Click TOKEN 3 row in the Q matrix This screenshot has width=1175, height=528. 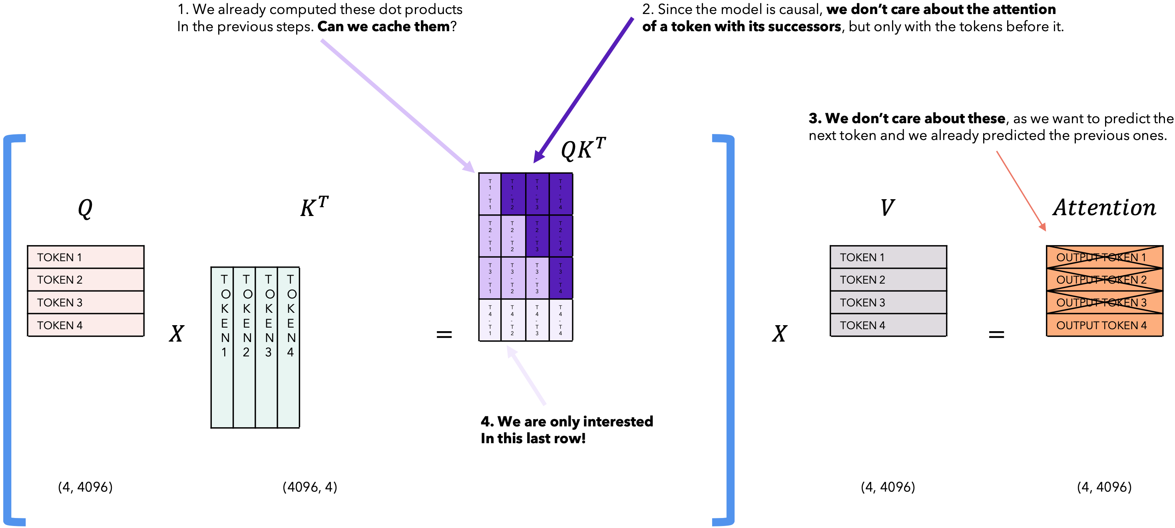(x=86, y=302)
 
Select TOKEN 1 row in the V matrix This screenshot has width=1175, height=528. (x=888, y=257)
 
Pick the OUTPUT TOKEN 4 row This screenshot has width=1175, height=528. (x=1104, y=325)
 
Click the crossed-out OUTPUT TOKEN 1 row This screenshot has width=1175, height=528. (x=1104, y=257)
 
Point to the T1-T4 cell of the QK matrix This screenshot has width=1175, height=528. (x=561, y=194)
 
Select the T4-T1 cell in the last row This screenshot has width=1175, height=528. (x=490, y=320)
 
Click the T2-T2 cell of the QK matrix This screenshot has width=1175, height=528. (x=513, y=236)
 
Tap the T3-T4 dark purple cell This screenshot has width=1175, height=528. (x=561, y=278)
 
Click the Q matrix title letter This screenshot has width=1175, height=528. (x=85, y=208)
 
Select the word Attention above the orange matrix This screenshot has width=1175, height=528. (x=1104, y=208)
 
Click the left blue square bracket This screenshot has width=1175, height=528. (x=9, y=328)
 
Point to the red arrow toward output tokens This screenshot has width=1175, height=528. (x=1021, y=191)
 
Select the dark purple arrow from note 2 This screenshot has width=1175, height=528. (x=584, y=89)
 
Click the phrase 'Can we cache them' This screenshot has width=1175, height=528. (x=384, y=27)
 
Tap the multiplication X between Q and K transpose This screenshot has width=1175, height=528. (x=177, y=334)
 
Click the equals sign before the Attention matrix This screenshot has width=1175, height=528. (x=996, y=335)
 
